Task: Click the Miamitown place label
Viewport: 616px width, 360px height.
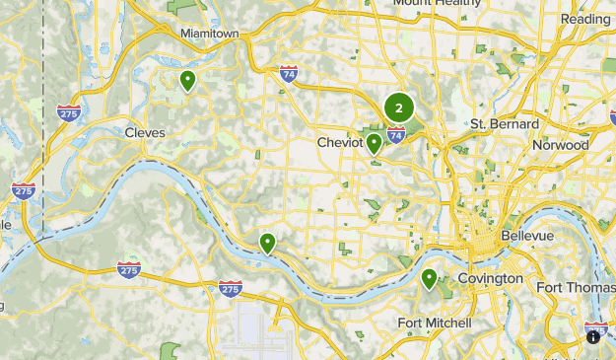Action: [210, 34]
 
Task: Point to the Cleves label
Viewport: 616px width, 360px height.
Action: [145, 132]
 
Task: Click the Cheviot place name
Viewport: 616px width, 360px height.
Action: [339, 143]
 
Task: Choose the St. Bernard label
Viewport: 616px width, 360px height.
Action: [504, 124]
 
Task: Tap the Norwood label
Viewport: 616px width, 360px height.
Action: [560, 145]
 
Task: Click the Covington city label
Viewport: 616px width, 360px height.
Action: [490, 279]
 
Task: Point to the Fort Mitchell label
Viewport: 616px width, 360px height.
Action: [434, 324]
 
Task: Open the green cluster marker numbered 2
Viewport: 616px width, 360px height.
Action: [398, 108]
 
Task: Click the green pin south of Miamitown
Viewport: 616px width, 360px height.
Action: [186, 80]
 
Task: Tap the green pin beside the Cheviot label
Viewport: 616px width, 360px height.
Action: [375, 143]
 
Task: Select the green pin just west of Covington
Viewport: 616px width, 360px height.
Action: [429, 279]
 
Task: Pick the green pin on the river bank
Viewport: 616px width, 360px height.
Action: [267, 242]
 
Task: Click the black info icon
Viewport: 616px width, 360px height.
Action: [593, 337]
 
